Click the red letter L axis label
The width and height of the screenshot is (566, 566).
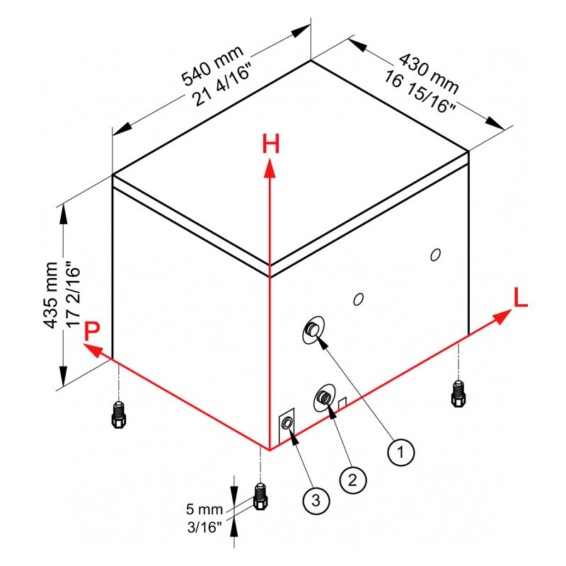pyautogui.click(x=521, y=298)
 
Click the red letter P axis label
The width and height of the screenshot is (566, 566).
pyautogui.click(x=92, y=331)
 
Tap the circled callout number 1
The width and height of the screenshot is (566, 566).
pyautogui.click(x=401, y=450)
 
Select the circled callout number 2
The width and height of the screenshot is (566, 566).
pyautogui.click(x=352, y=479)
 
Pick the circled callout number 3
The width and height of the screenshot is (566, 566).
pyautogui.click(x=316, y=501)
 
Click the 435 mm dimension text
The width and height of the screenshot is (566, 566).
pyautogui.click(x=50, y=296)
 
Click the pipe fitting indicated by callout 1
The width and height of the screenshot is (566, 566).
pyautogui.click(x=312, y=328)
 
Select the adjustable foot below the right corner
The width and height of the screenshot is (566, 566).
pyautogui.click(x=458, y=393)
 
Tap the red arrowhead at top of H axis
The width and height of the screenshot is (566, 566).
pyautogui.click(x=270, y=168)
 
